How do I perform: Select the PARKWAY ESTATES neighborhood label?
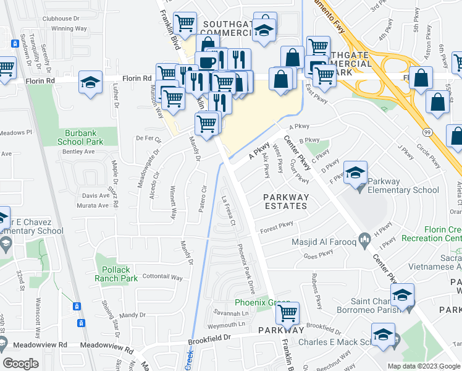(x=285, y=202)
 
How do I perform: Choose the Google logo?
(x=21, y=363)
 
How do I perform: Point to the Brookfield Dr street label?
(x=210, y=338)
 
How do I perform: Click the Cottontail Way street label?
(x=162, y=278)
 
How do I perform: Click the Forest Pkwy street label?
(x=276, y=228)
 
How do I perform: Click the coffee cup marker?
(x=206, y=61)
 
